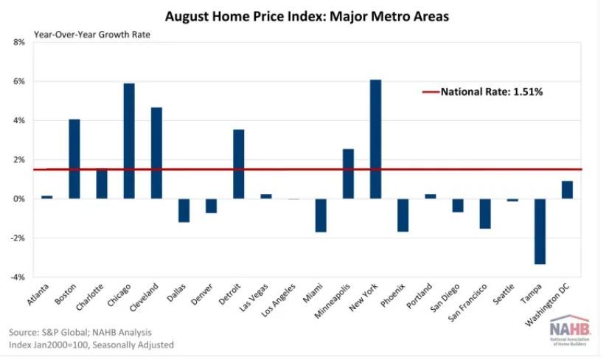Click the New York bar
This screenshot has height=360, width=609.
tap(375, 139)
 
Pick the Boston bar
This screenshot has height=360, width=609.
tap(74, 159)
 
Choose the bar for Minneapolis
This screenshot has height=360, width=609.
tap(348, 174)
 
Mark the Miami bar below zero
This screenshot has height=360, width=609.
tap(321, 215)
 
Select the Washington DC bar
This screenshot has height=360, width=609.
tap(567, 190)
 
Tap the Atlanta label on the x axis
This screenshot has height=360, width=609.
tap(38, 295)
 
